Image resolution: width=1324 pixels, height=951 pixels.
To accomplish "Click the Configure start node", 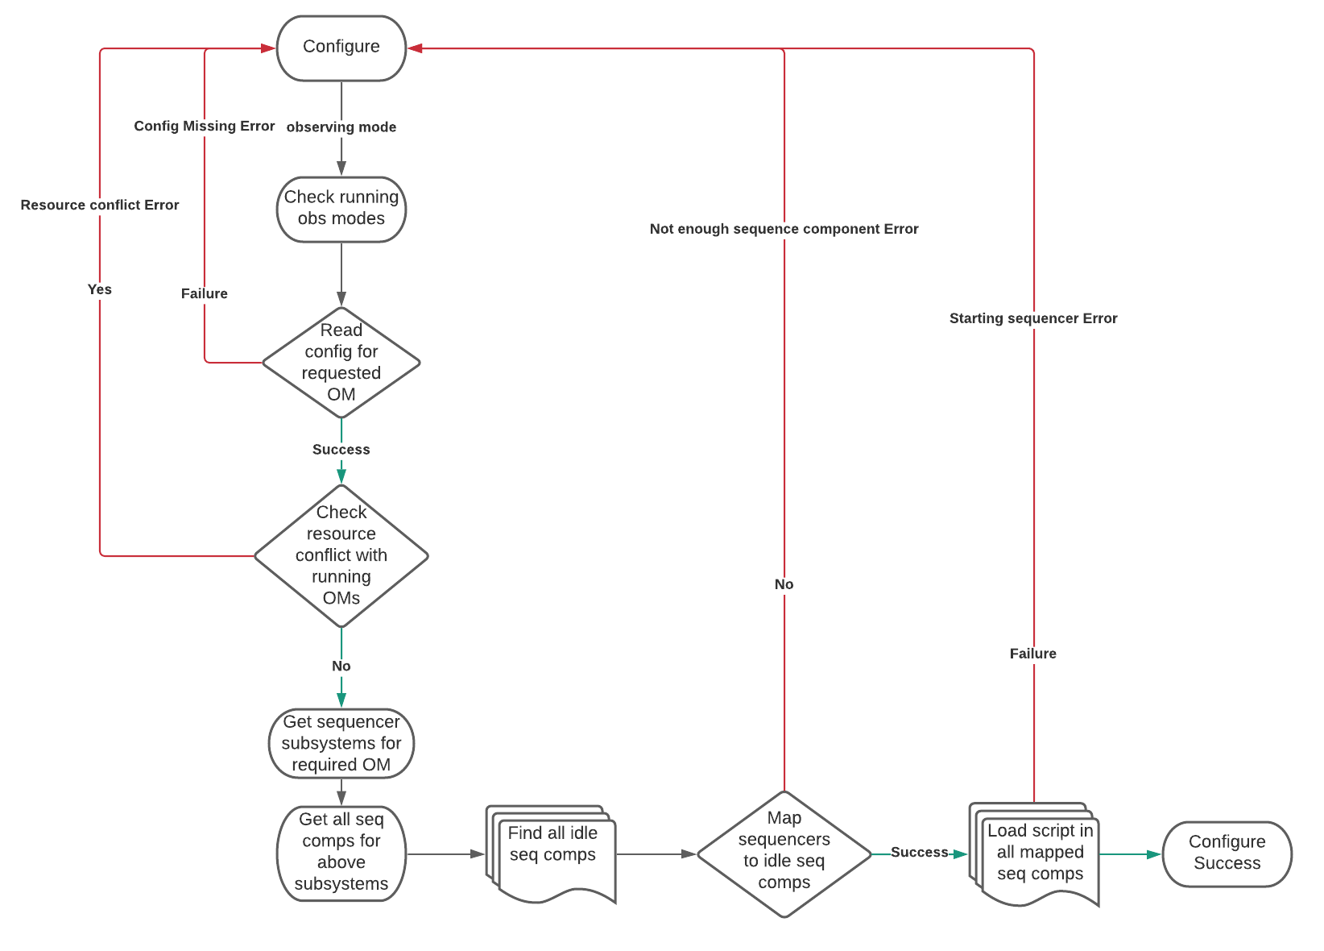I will click(341, 48).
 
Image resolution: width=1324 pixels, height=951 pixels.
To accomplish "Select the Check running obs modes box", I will click(341, 209).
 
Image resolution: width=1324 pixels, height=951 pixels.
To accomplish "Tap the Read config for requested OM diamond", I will click(341, 363).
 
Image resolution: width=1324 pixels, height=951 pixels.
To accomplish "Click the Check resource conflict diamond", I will click(341, 555).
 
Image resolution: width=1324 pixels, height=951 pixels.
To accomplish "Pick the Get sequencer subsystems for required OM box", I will click(341, 743).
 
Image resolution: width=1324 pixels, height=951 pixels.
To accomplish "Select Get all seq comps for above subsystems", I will click(341, 853).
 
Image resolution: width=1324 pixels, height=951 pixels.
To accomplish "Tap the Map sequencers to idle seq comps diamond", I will click(784, 853).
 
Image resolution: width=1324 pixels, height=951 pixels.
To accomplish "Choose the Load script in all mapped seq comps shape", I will click(1039, 853).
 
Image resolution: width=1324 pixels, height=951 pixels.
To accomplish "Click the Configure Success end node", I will click(1227, 853).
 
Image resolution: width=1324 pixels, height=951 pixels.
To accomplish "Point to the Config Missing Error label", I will click(205, 127).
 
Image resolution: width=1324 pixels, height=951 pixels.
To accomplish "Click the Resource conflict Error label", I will click(100, 206).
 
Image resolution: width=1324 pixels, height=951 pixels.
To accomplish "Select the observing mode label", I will click(341, 127).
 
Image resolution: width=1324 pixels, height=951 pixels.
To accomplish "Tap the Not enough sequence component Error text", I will click(784, 229).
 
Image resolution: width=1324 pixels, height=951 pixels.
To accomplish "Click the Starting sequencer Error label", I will click(1033, 318).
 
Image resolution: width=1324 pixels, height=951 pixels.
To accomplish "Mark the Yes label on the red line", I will click(100, 289).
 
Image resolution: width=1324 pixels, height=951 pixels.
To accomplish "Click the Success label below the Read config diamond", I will click(341, 450).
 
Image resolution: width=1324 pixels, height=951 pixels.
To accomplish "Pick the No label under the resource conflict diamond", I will click(341, 667).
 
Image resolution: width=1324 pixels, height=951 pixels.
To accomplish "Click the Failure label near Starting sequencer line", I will click(1033, 654).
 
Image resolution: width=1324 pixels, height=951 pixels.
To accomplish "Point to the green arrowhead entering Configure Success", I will click(1155, 854).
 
